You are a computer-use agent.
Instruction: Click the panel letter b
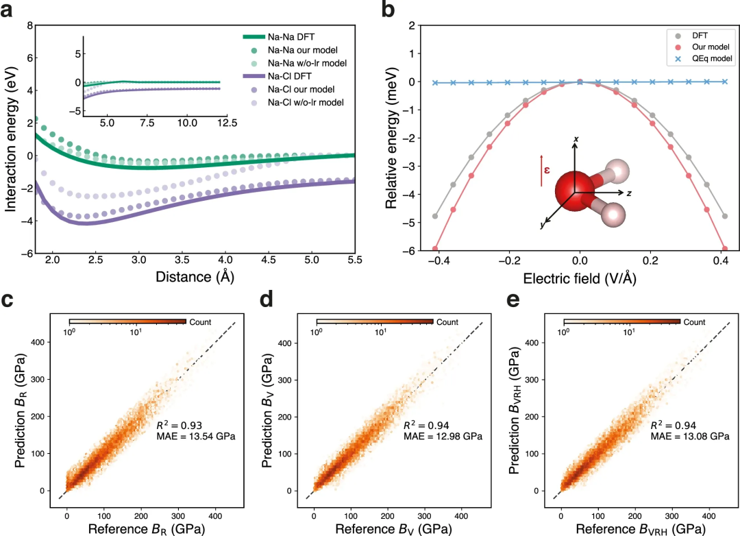pos(388,11)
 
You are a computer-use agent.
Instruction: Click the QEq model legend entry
pos(708,60)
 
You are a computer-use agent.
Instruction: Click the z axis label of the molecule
pos(628,193)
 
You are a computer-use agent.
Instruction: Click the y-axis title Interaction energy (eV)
pos(11,141)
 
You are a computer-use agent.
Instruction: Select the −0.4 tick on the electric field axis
pos(436,262)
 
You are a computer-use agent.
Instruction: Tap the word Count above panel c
pos(201,321)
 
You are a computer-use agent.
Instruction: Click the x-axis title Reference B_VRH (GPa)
pos(637,528)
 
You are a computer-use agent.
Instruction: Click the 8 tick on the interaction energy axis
pos(29,25)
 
